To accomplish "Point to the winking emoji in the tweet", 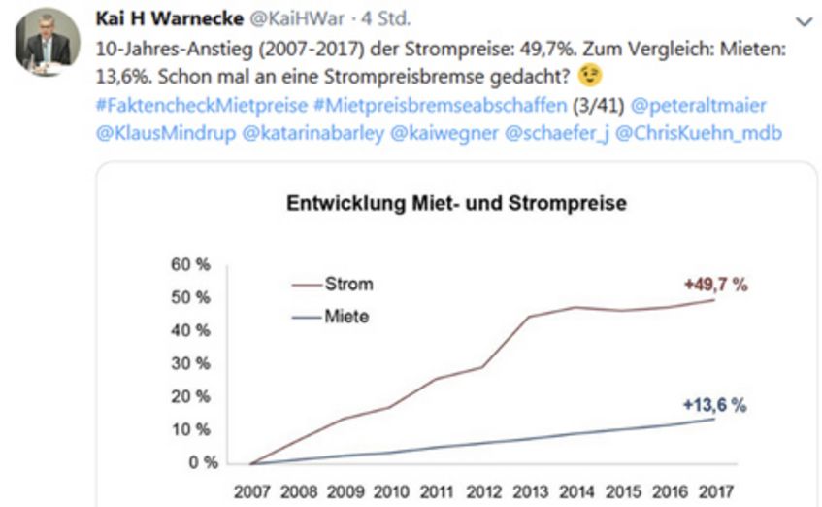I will coord(590,75).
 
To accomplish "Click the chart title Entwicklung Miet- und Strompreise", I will coord(456,204).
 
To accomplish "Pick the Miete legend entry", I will coord(348,317).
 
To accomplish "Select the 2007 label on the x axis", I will coord(251,491).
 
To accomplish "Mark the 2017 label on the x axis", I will coord(714,491).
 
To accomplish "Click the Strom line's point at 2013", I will coord(529,317).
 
